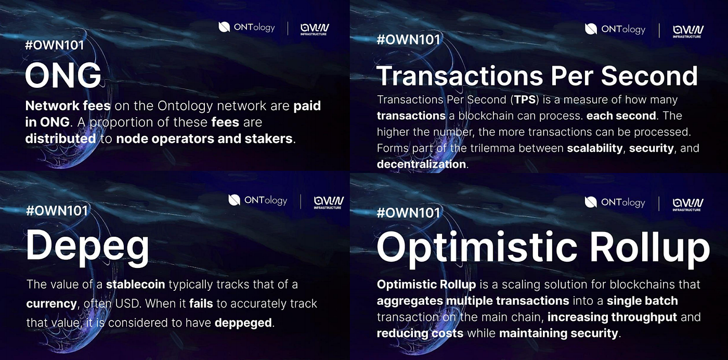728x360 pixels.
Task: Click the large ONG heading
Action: click(x=63, y=75)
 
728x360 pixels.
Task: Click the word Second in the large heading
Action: click(x=649, y=76)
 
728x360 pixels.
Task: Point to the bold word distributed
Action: click(x=60, y=139)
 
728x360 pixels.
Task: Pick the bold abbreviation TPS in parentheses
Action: click(x=525, y=99)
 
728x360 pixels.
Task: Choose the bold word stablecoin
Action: click(x=136, y=285)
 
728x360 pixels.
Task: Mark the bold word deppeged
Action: click(x=243, y=323)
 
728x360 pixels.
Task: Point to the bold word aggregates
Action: click(x=410, y=301)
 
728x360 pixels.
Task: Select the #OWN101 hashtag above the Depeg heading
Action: click(x=57, y=211)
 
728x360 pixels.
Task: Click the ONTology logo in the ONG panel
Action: click(x=246, y=28)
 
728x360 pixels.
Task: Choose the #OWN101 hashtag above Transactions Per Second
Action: click(x=408, y=40)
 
